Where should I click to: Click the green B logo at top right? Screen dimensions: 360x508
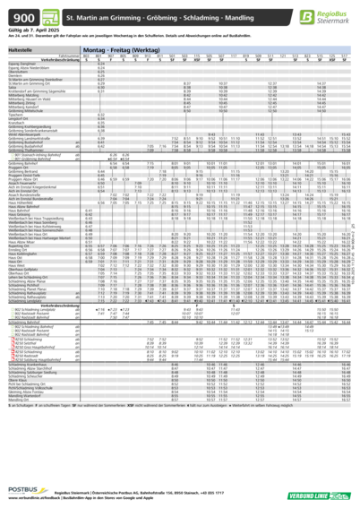click(x=308, y=16)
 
